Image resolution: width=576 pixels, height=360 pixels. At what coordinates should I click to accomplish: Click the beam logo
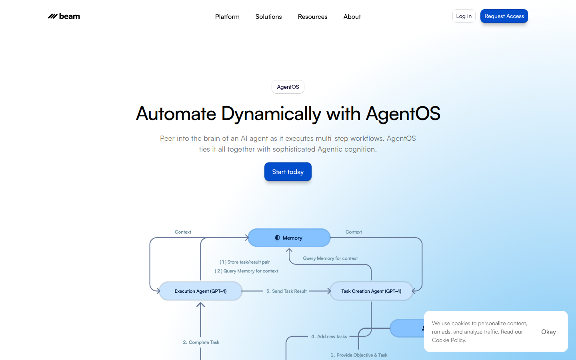click(64, 16)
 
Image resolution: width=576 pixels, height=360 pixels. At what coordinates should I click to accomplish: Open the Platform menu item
click(227, 16)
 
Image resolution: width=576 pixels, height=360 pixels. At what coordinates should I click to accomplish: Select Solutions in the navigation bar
click(268, 16)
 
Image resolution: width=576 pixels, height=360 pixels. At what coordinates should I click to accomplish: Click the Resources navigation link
click(312, 16)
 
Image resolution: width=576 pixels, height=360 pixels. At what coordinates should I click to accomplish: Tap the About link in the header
click(352, 16)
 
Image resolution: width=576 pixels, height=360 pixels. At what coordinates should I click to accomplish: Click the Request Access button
click(504, 16)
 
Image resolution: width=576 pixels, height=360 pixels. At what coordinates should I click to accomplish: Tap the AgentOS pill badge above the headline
click(288, 87)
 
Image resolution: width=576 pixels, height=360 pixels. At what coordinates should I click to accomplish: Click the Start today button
click(288, 172)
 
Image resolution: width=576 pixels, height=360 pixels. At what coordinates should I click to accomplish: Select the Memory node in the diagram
click(289, 238)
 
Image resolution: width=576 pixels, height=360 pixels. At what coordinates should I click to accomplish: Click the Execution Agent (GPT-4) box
click(200, 291)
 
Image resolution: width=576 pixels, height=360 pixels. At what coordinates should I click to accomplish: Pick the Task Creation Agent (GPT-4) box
click(371, 291)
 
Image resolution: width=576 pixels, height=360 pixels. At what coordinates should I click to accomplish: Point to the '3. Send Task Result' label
click(286, 291)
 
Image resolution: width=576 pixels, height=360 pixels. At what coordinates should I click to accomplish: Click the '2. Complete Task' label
click(201, 342)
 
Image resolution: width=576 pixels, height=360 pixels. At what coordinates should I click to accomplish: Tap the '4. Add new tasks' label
click(329, 336)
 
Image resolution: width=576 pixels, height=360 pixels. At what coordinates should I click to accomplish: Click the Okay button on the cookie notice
click(548, 332)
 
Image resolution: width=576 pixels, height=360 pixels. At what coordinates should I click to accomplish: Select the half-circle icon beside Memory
click(278, 238)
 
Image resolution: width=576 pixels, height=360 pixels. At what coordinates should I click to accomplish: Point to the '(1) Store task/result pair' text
click(244, 262)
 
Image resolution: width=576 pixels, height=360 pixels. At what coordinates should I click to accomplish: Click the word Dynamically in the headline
click(271, 114)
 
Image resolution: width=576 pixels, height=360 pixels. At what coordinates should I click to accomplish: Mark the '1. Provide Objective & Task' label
click(359, 355)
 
